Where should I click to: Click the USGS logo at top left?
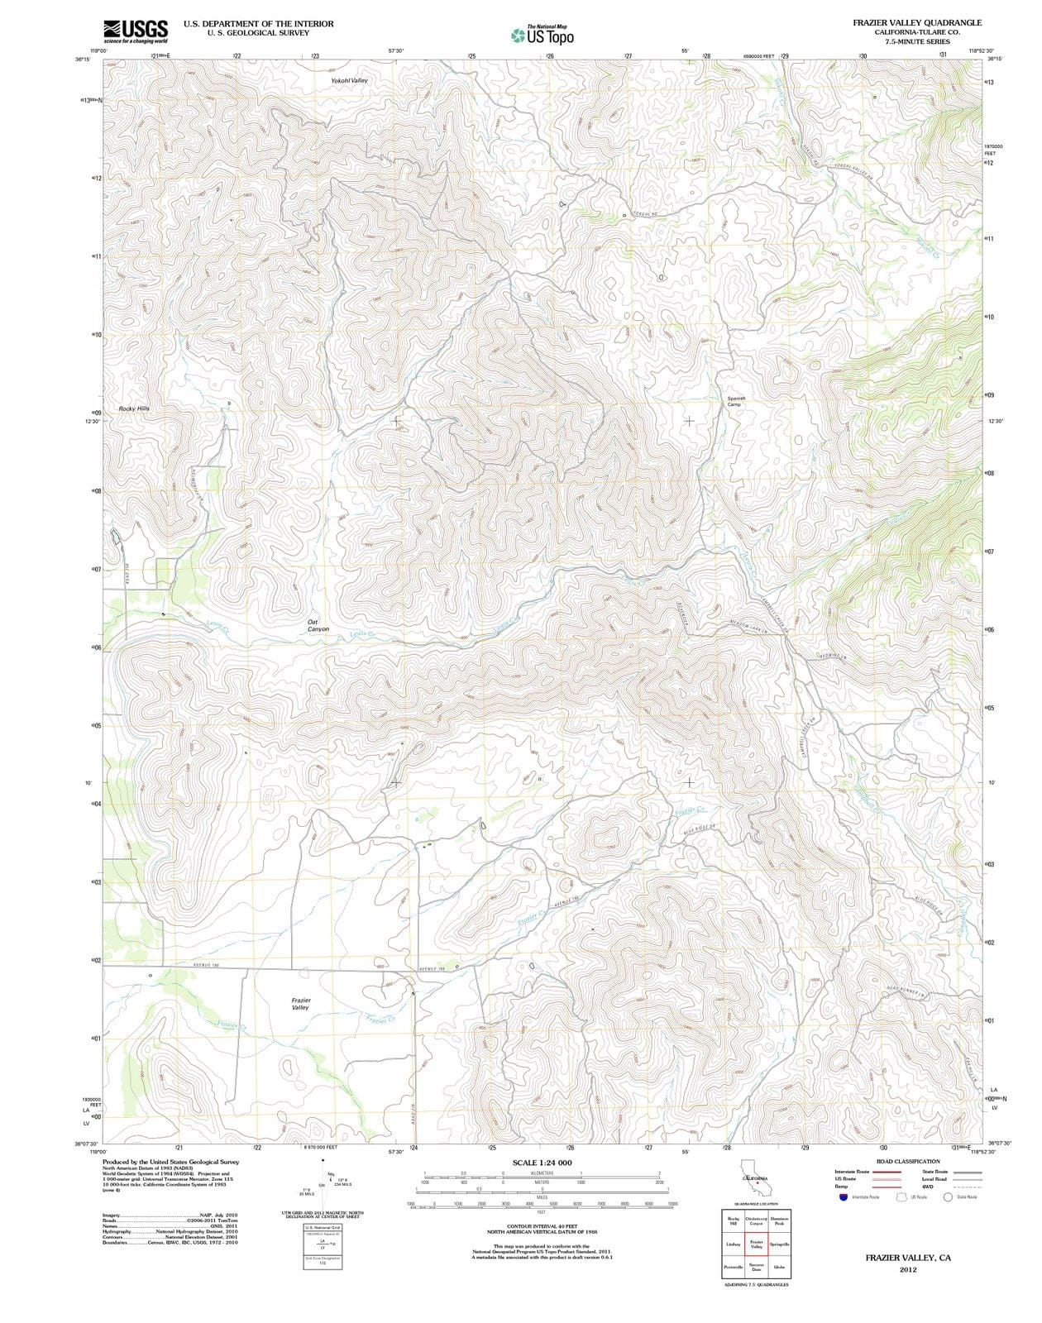click(x=136, y=31)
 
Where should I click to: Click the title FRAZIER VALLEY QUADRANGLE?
click(x=917, y=23)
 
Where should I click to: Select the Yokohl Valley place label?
click(x=348, y=81)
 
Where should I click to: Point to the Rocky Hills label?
click(x=134, y=408)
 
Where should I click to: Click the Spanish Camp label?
click(x=736, y=401)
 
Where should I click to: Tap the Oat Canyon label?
click(x=318, y=626)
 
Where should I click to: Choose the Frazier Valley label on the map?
click(x=301, y=1004)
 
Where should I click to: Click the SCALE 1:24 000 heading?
click(x=542, y=1163)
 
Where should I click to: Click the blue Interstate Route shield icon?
click(x=842, y=1196)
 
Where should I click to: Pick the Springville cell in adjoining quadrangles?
click(x=779, y=1244)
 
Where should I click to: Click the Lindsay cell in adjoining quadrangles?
click(x=733, y=1244)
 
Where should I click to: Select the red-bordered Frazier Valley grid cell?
click(x=756, y=1244)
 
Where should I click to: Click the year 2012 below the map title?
click(x=908, y=1269)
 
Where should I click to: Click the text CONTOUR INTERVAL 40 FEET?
click(x=542, y=1226)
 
